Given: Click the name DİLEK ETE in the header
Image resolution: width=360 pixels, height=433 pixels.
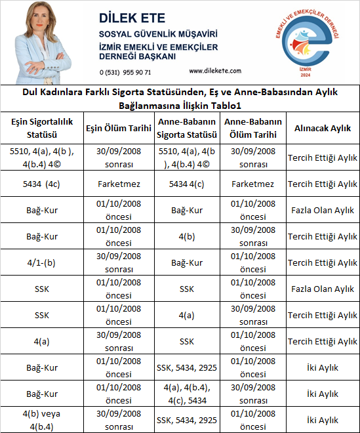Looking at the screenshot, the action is click(132, 17).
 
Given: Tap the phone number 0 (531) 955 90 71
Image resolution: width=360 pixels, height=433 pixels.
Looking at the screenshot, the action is click(125, 72).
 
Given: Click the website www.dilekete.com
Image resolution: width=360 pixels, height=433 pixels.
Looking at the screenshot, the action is click(214, 71).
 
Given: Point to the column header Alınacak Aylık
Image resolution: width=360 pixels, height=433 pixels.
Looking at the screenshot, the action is click(322, 129).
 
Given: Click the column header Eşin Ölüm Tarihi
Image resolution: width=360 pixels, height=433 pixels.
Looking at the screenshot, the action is click(119, 129).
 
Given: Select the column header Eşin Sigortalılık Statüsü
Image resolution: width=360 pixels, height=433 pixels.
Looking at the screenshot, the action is click(42, 129).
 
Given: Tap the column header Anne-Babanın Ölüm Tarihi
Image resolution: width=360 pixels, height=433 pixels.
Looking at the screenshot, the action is click(252, 129).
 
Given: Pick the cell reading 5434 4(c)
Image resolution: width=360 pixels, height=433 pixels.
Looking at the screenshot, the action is click(187, 184).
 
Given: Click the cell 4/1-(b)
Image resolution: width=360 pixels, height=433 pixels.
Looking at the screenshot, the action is click(42, 262).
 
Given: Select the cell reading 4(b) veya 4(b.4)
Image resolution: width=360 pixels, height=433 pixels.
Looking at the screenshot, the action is click(42, 420).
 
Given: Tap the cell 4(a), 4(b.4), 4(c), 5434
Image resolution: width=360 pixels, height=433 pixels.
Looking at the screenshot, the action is click(187, 394).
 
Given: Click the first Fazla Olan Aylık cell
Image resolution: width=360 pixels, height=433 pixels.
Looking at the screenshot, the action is click(322, 210).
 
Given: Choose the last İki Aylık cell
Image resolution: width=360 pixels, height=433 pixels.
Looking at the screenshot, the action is click(322, 420).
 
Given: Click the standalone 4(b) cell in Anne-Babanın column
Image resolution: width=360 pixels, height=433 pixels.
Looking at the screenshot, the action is click(187, 236).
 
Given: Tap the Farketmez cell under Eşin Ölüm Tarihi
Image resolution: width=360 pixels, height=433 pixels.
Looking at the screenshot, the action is click(119, 184).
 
